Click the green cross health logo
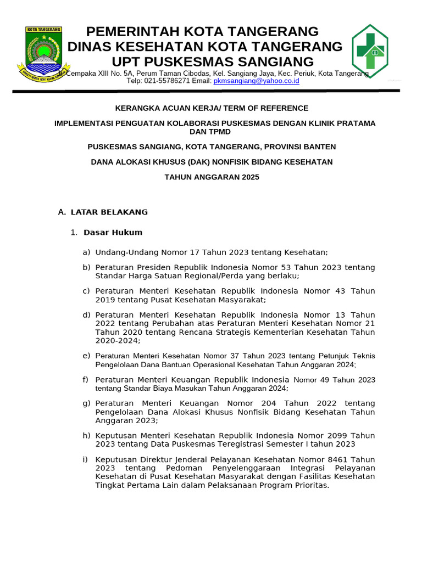pyautogui.click(x=369, y=50)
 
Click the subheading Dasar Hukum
pyautogui.click(x=113, y=232)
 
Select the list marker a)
pyautogui.click(x=86, y=252)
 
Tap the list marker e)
pyautogui.click(x=86, y=356)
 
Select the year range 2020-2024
pyautogui.click(x=117, y=340)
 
